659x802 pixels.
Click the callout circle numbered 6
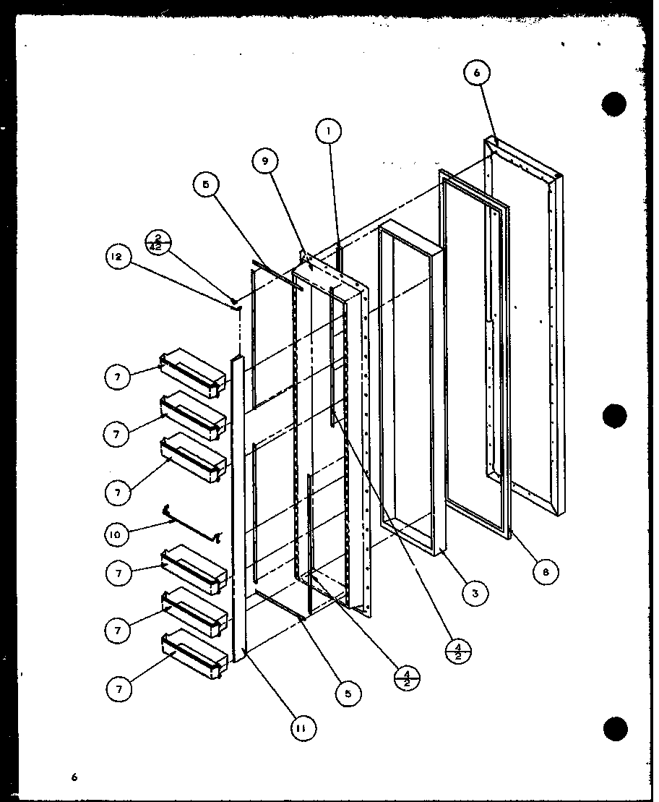pyautogui.click(x=477, y=73)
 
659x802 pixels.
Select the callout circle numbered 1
pyautogui.click(x=328, y=132)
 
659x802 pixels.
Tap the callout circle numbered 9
pyautogui.click(x=266, y=163)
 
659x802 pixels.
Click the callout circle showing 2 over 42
pyautogui.click(x=158, y=242)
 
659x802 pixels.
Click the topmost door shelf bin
pyautogui.click(x=191, y=372)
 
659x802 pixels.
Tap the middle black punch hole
pyautogui.click(x=614, y=417)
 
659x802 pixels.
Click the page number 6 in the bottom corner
pyautogui.click(x=73, y=777)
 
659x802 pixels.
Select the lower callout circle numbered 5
pyautogui.click(x=348, y=694)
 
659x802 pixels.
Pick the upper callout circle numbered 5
pyautogui.click(x=206, y=184)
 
